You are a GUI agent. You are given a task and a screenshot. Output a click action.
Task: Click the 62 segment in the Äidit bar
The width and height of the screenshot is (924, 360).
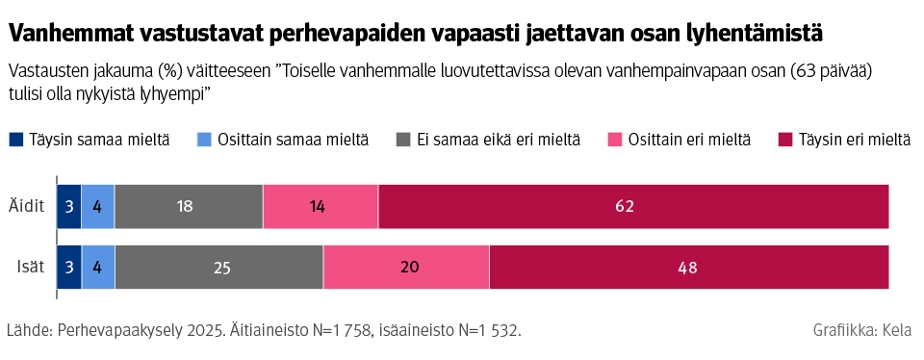[x=633, y=206]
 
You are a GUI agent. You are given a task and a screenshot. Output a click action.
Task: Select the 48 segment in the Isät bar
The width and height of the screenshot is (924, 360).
[x=688, y=268]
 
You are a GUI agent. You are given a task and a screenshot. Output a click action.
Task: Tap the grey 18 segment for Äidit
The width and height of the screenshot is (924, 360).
[x=189, y=206]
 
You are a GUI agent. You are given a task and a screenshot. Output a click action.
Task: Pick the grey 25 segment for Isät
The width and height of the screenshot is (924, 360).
[x=219, y=268]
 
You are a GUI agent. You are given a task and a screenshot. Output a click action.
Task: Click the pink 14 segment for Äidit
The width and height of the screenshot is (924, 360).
[x=321, y=206]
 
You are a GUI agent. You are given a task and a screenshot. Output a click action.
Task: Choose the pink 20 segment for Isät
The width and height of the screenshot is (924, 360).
[x=406, y=268]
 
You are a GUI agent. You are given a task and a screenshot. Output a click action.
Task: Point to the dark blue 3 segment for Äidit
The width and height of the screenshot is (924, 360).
[x=69, y=206]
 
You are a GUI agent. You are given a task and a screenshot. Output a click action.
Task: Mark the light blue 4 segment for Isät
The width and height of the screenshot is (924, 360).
[x=98, y=268]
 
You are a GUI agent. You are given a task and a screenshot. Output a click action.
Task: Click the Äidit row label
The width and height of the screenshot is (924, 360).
[x=27, y=206]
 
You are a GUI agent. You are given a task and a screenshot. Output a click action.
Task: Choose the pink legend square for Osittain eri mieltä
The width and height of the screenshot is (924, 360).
[x=614, y=141]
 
